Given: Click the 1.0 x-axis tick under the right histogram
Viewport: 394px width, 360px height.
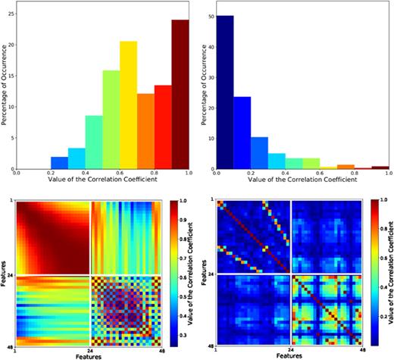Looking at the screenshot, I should click(388, 174).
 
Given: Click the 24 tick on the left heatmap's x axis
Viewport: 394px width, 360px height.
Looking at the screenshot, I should click(89, 347).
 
